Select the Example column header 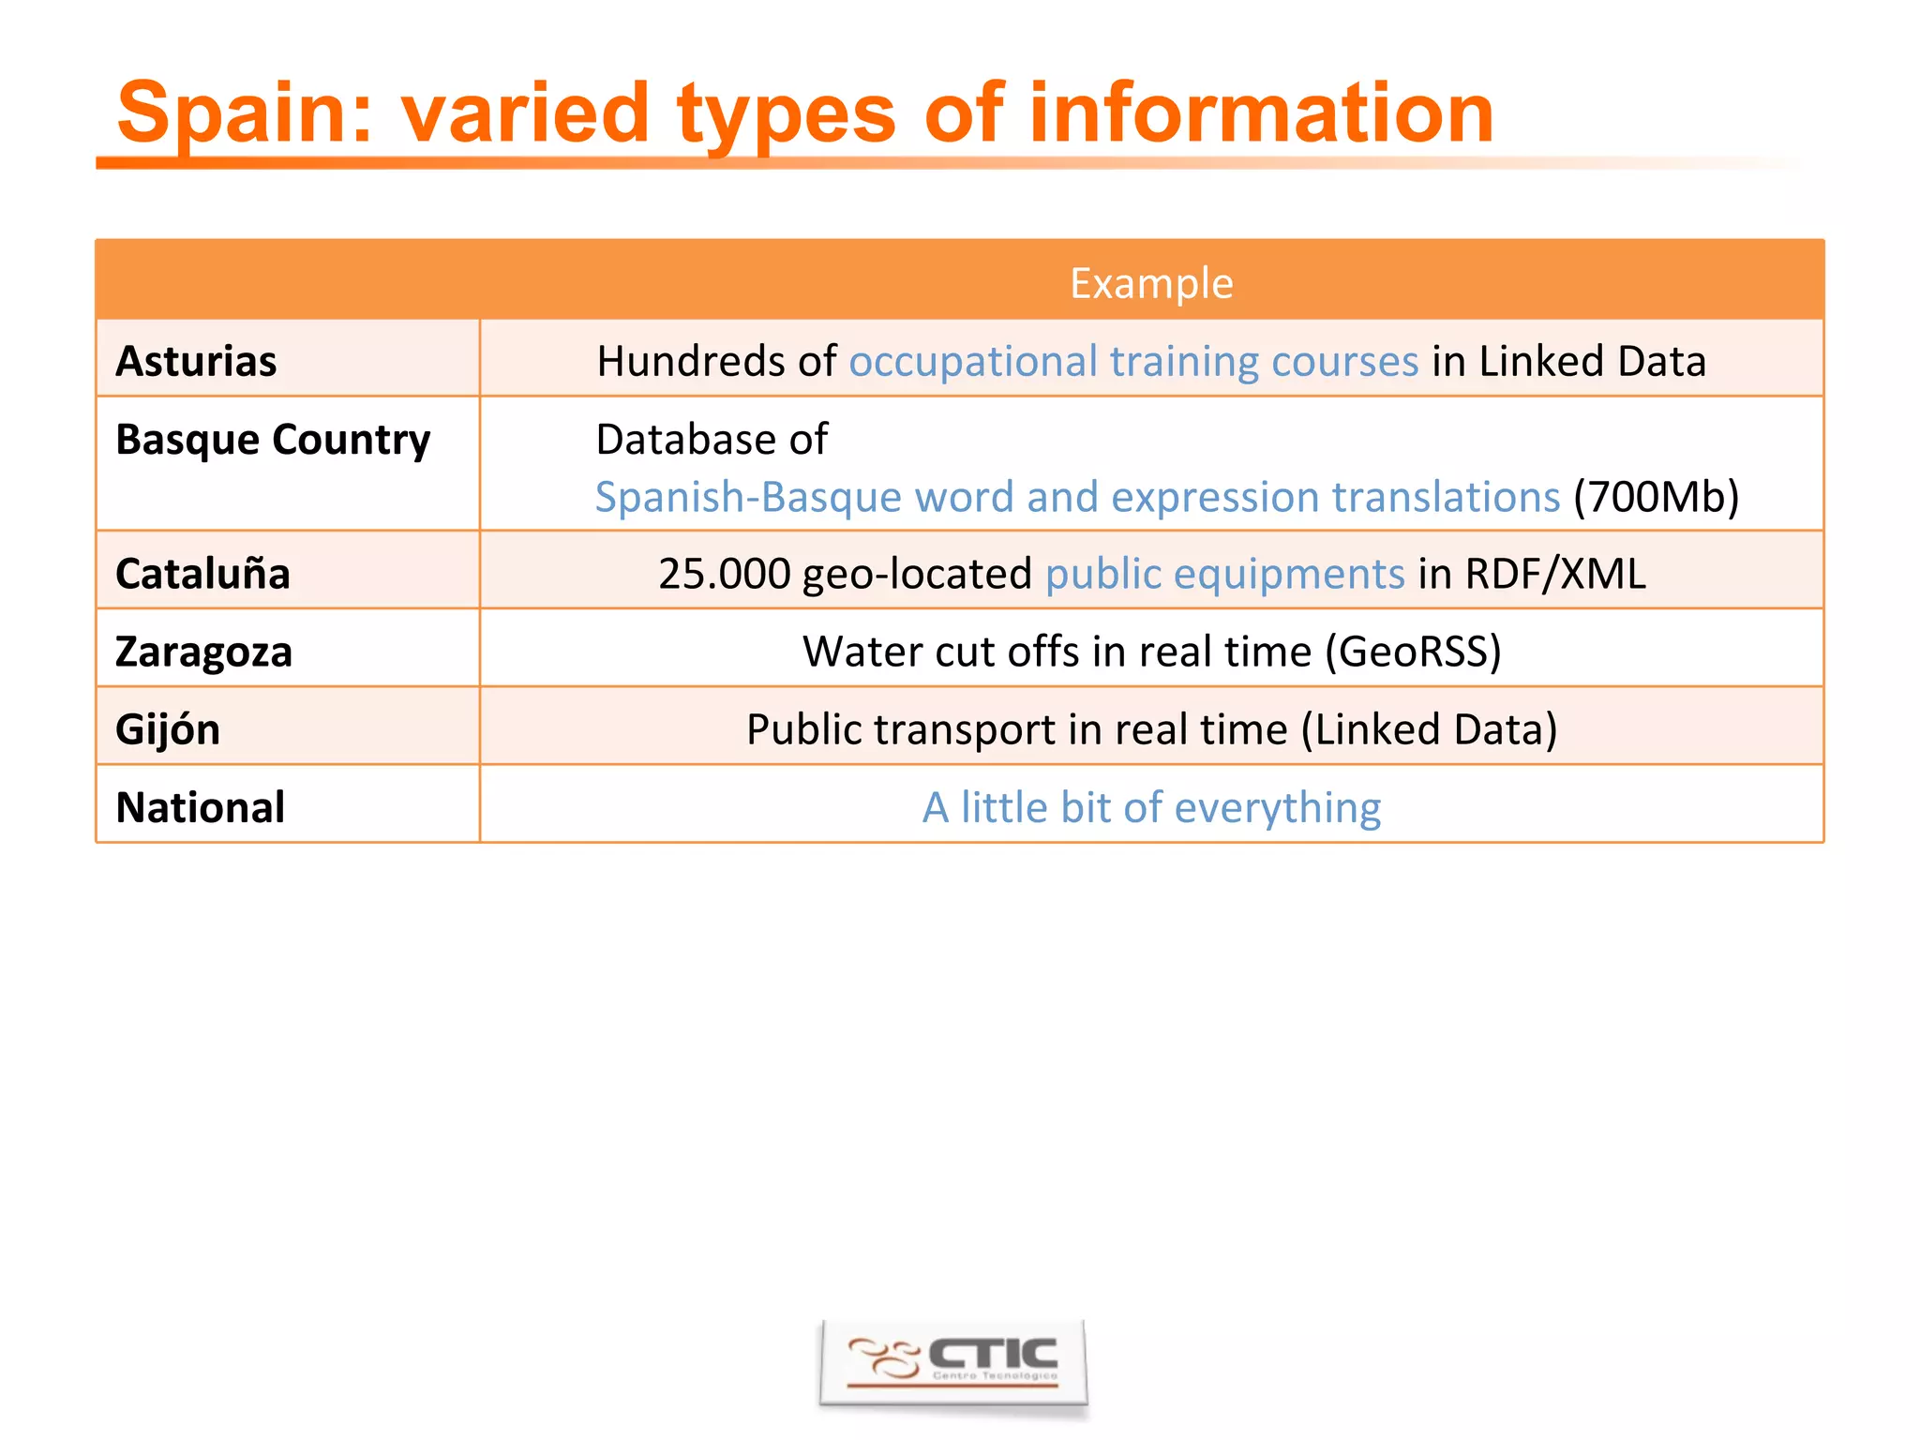coord(1151,283)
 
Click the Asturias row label coord(196,361)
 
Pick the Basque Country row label coord(273,439)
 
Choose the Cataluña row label coord(202,574)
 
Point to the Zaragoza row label coord(203,652)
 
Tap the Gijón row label coord(168,729)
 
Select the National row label coord(200,807)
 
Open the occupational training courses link coord(1133,361)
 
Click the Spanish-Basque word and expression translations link coord(1077,497)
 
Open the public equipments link coord(1224,574)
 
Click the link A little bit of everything coord(1151,807)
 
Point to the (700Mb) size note coord(1656,497)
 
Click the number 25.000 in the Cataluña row coord(724,574)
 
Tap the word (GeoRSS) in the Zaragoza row coord(1413,652)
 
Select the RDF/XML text coord(1555,574)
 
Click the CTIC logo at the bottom coord(953,1362)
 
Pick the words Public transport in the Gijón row coord(899,729)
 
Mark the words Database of coord(712,439)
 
